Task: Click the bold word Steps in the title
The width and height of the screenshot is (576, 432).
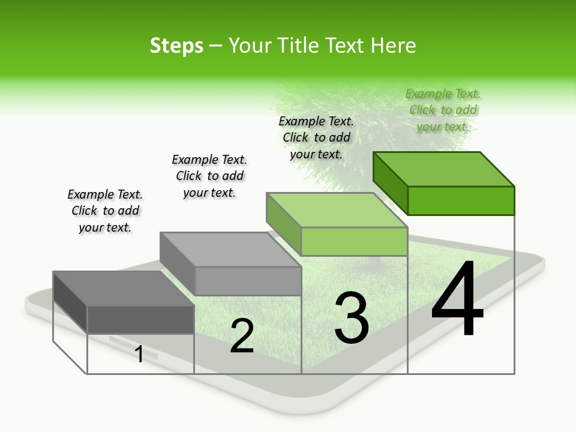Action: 176,46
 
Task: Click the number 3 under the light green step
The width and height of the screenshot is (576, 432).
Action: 352,318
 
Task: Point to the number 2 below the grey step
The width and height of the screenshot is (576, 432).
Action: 242,336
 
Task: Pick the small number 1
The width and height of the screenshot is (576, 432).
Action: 139,354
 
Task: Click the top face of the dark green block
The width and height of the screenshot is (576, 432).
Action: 444,169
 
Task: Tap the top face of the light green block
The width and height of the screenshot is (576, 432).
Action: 337,209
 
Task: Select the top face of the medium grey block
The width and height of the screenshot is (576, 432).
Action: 230,249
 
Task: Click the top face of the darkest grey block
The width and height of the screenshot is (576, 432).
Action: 124,288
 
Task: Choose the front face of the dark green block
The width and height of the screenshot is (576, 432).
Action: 461,200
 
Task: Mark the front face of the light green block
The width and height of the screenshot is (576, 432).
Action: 354,241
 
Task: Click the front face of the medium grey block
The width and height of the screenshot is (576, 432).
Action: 248,281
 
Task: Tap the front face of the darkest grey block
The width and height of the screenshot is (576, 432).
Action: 140,319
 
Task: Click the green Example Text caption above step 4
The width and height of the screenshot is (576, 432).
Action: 443,110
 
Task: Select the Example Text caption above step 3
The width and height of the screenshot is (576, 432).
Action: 316,137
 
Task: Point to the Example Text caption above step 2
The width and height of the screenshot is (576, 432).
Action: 209,176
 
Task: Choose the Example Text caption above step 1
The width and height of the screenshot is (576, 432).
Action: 105,211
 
